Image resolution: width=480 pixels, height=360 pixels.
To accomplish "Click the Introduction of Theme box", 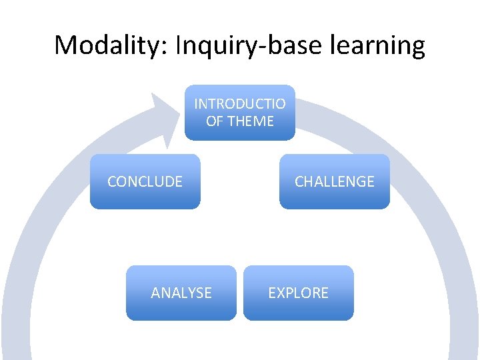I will point(240,113).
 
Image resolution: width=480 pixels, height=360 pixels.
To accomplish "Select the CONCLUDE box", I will point(145,181).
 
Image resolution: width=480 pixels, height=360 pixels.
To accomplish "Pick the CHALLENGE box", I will point(334,181).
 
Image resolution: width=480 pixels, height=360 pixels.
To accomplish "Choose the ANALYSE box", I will point(181,293).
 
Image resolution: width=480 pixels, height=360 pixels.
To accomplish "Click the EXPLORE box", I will point(298,293).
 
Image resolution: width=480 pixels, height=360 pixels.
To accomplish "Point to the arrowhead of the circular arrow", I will point(167,120).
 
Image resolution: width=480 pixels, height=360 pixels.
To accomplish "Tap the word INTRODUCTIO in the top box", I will point(240,104).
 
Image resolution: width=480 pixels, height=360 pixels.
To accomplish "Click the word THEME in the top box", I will point(250,121).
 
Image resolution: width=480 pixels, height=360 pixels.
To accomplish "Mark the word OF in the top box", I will point(214,121).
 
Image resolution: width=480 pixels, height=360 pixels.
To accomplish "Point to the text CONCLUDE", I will point(145,181).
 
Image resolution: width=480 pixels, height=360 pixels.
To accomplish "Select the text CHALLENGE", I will point(334,181).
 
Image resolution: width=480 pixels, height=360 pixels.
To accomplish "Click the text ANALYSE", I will point(181,293).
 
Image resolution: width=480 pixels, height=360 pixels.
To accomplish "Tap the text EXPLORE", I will point(298,293).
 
